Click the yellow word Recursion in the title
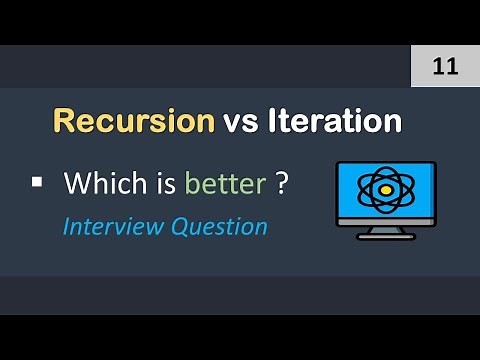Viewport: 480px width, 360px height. (134, 122)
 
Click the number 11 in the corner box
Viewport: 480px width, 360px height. (444, 67)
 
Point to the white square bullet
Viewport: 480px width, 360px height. (37, 182)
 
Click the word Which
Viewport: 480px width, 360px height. (100, 184)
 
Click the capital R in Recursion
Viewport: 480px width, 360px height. (62, 122)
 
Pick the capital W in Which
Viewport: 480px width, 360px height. (77, 184)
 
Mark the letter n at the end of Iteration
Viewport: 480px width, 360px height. (393, 124)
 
